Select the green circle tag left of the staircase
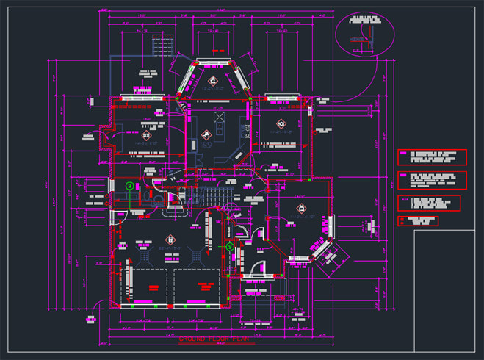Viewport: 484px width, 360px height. tap(129, 187)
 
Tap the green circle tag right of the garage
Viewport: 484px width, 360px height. tap(230, 247)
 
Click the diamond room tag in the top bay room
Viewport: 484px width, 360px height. tap(214, 81)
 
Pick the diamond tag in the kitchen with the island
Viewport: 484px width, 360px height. tap(208, 134)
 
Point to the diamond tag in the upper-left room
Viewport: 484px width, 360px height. tap(146, 135)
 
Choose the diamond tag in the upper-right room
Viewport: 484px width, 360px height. tap(280, 123)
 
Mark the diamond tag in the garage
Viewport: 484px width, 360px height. tap(171, 240)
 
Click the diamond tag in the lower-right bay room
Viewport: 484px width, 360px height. tap(300, 209)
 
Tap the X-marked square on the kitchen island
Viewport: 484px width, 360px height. tap(217, 117)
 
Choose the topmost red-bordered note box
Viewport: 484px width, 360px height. tap(432, 157)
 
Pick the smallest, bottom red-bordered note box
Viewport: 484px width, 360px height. tap(422, 220)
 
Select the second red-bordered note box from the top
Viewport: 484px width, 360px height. tap(432, 180)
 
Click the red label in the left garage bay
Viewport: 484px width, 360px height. tap(153, 287)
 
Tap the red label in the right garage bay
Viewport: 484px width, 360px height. tap(198, 287)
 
